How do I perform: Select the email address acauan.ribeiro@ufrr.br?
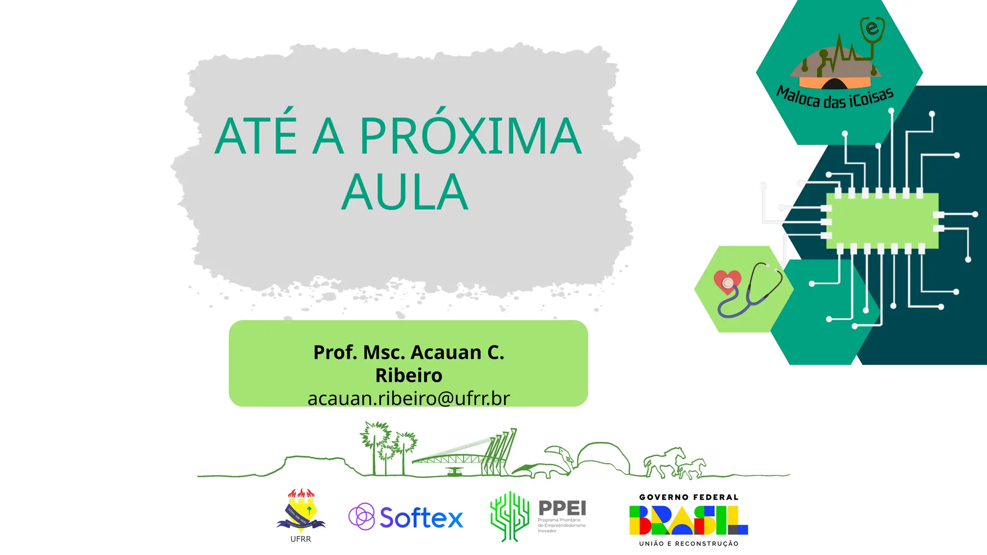408,398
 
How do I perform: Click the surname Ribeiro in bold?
409,375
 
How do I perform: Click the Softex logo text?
421,517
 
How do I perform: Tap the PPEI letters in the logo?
562,508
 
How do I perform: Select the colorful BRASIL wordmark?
688,520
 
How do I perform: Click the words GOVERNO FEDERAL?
689,497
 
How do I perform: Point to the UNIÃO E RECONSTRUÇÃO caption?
689,543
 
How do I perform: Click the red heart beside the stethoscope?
727,281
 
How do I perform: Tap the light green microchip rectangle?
882,221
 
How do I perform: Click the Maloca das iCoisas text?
835,98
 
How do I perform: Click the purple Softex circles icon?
361,516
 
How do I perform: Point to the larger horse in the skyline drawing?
665,460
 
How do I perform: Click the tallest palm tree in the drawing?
374,443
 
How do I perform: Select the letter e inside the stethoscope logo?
872,28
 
